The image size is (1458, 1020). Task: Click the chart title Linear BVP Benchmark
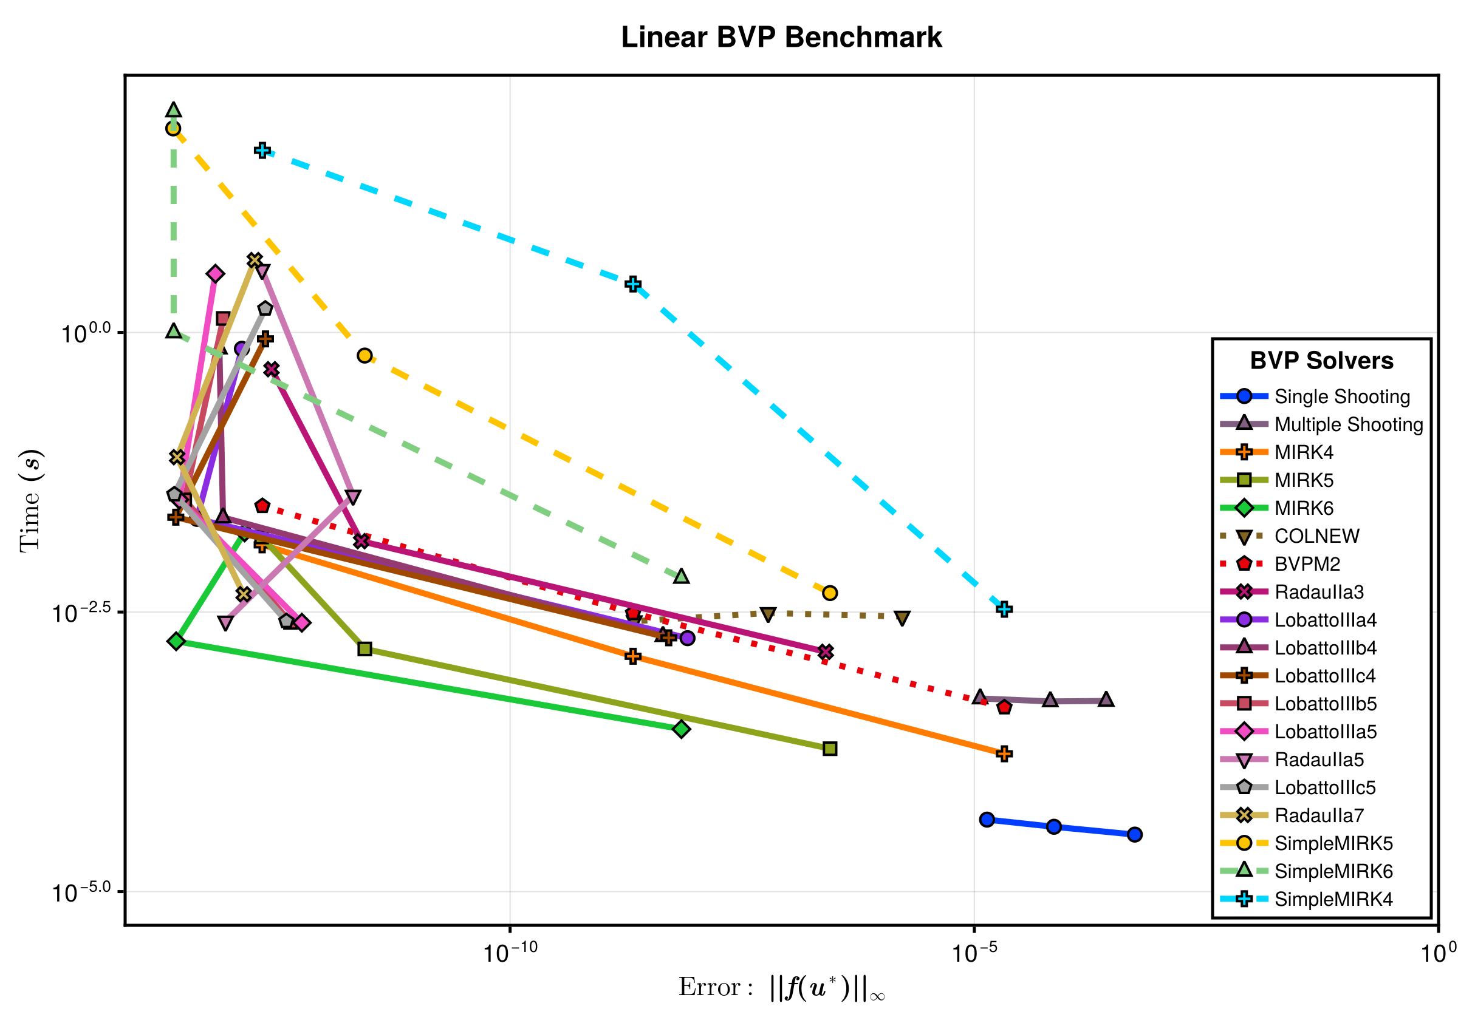(x=781, y=38)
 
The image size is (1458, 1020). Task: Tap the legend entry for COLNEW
(x=1316, y=536)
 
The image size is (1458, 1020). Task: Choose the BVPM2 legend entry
(x=1307, y=564)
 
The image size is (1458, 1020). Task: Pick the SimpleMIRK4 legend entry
(x=1333, y=899)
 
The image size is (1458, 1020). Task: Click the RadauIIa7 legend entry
(x=1319, y=815)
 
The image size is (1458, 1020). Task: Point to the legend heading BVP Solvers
(x=1321, y=361)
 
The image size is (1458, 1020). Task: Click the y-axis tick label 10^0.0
(x=85, y=333)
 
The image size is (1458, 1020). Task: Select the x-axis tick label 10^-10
(x=510, y=953)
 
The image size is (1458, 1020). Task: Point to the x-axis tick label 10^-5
(x=974, y=953)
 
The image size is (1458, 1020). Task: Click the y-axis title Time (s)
(x=30, y=501)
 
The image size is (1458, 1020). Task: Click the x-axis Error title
(x=781, y=988)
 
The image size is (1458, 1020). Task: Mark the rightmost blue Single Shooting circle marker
(x=1135, y=835)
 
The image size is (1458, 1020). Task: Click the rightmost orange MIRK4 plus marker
(x=1004, y=754)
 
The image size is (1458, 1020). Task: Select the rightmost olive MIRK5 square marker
(x=830, y=749)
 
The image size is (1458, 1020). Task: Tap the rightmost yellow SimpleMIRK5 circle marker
(x=830, y=593)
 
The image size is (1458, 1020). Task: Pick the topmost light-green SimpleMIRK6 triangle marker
(x=173, y=110)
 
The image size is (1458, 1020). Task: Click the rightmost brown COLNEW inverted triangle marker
(x=902, y=618)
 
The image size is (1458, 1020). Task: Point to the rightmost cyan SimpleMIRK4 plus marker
(x=1004, y=610)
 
